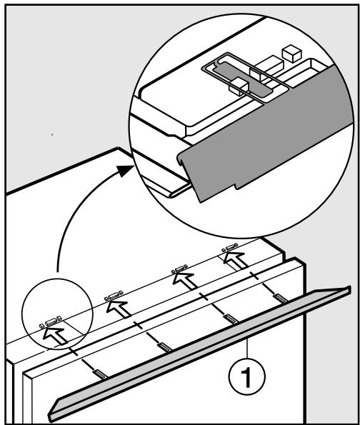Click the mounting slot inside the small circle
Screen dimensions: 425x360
49,322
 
